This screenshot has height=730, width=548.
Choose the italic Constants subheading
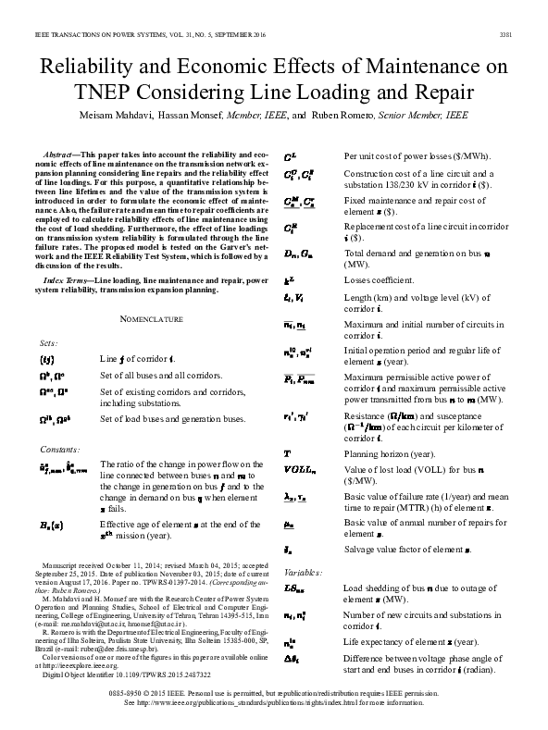pyautogui.click(x=59, y=449)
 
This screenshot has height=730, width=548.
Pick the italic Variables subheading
pyautogui.click(x=303, y=572)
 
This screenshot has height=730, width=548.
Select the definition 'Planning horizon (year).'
pyautogui.click(x=389, y=455)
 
